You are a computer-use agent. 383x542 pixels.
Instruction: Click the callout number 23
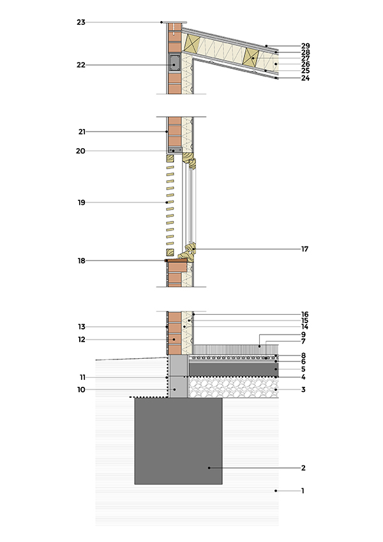(81, 22)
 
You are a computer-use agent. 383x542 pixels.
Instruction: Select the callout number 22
(81, 65)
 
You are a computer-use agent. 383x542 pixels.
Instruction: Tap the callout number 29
(306, 46)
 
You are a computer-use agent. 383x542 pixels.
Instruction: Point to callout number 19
(82, 202)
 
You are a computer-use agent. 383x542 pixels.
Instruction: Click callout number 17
(304, 249)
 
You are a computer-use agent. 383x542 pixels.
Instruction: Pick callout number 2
(303, 468)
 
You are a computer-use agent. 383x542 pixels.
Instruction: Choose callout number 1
(303, 491)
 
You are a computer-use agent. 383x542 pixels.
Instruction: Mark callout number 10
(81, 390)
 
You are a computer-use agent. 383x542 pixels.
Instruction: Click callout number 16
(304, 315)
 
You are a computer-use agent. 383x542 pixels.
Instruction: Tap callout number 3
(303, 390)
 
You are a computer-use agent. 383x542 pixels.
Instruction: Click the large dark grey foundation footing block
(178, 441)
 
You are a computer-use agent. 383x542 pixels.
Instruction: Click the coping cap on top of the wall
(175, 22)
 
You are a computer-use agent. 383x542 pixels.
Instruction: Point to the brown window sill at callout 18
(177, 260)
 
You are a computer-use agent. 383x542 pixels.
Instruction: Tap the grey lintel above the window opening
(176, 151)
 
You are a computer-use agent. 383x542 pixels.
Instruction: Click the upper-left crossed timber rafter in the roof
(192, 43)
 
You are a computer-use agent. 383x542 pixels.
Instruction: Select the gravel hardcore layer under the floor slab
(234, 387)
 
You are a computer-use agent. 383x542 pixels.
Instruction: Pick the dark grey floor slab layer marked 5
(234, 369)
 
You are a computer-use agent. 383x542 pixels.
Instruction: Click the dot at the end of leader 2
(209, 468)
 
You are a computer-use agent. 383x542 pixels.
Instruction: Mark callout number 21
(82, 132)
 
